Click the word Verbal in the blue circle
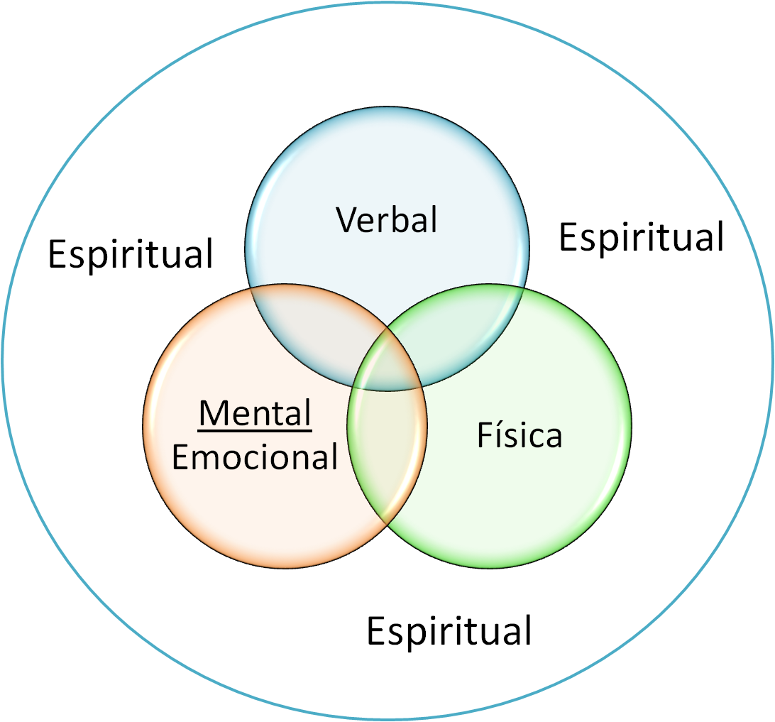(387, 220)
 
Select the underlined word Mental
(255, 414)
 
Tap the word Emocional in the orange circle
(255, 458)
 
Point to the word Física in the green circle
(520, 435)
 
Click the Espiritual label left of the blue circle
(131, 253)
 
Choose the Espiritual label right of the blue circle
(641, 236)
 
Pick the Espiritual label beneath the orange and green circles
(449, 630)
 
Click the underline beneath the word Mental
(255, 430)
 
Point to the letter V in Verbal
(346, 220)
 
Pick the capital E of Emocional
(180, 458)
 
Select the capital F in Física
(483, 435)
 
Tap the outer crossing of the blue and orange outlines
(251, 289)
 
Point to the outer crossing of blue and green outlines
(524, 289)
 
